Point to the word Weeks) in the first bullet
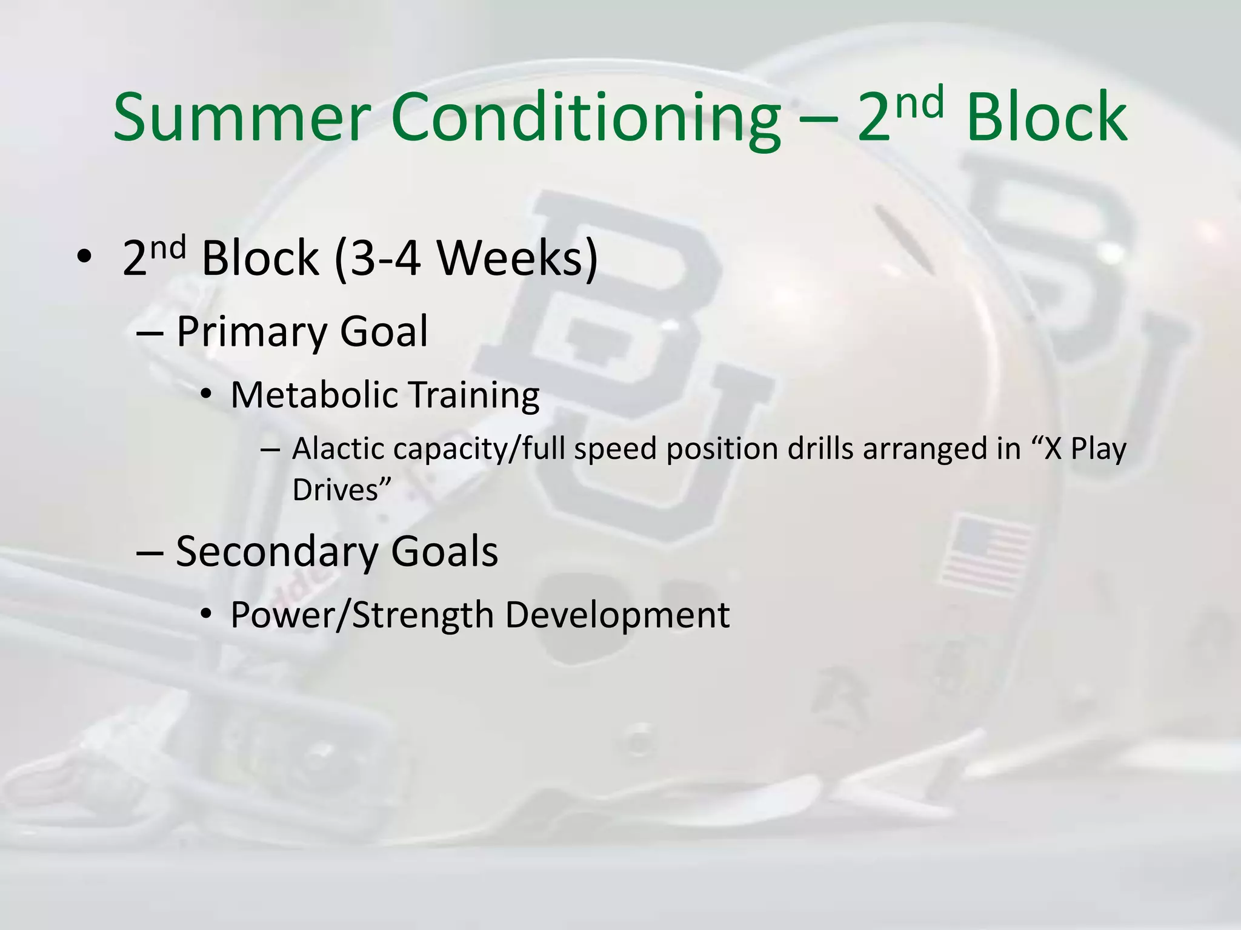pos(517,259)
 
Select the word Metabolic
pos(314,395)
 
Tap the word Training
pos(473,395)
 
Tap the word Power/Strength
pos(362,615)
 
